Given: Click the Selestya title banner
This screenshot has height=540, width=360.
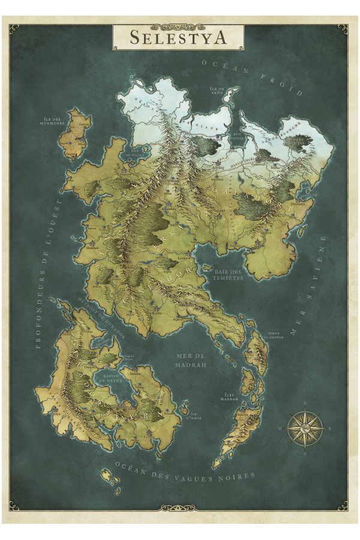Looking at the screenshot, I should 178,37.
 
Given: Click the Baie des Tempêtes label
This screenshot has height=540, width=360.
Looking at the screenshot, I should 228,274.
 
